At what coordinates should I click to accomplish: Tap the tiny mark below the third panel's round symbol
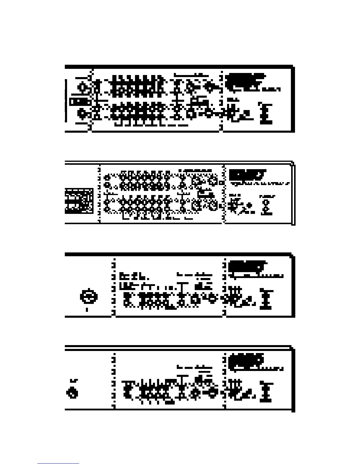pyautogui.click(x=87, y=309)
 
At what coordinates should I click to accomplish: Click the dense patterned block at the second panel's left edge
pyautogui.click(x=79, y=201)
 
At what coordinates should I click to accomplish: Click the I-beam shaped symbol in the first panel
pyautogui.click(x=266, y=113)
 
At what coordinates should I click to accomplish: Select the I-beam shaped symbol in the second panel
pyautogui.click(x=268, y=204)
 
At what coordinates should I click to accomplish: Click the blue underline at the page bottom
pyautogui.click(x=58, y=464)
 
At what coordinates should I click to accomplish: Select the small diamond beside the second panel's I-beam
pyautogui.click(x=250, y=205)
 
